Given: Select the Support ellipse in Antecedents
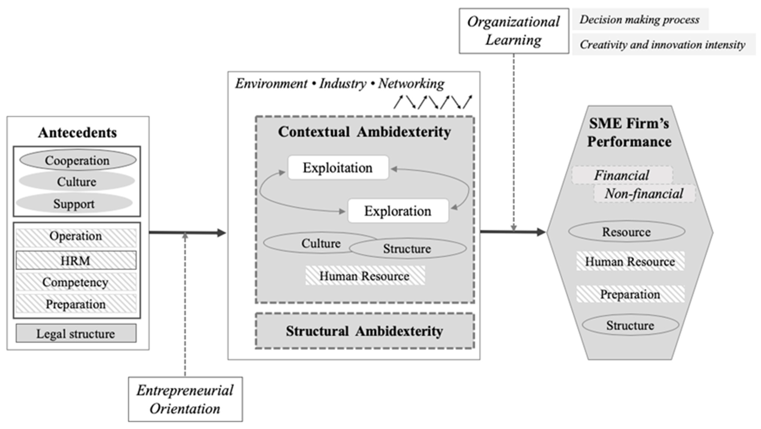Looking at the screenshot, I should click(74, 204).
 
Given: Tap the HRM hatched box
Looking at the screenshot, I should click(76, 260).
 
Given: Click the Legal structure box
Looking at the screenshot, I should click(76, 334).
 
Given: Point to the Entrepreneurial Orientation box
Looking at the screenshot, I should click(185, 399).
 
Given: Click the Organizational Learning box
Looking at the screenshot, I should click(514, 31).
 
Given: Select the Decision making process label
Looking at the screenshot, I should click(640, 19).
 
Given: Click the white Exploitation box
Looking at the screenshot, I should click(338, 168).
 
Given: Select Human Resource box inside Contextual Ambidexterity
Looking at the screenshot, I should click(365, 276).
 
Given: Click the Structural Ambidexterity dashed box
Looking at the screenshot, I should click(365, 331).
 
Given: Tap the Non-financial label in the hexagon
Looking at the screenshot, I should click(644, 194).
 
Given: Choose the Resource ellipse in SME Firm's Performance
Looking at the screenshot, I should click(626, 232).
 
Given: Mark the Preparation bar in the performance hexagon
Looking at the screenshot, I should click(630, 294).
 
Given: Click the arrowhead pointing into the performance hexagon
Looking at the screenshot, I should click(541, 232).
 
